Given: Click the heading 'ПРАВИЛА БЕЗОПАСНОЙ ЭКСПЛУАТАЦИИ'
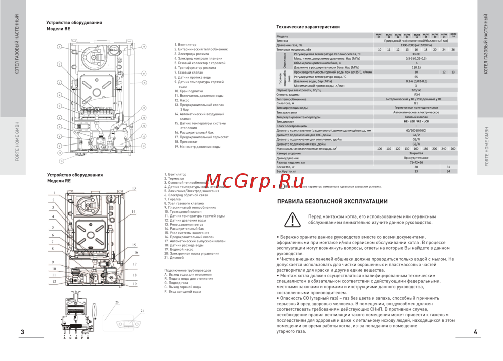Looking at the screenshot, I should coord(332,202).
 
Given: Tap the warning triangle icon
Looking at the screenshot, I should coord(291,219).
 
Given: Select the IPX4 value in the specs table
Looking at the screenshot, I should coord(416,94).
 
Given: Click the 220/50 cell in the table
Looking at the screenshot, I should coord(416,90).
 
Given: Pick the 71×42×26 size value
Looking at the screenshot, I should coord(416,163).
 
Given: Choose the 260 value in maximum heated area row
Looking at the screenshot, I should coord(453,149).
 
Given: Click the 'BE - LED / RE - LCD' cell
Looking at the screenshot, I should coord(416,121).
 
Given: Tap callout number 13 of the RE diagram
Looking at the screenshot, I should coord(134,188).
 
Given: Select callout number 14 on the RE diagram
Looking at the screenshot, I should coord(134,212).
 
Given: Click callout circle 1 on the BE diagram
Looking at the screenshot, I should coord(59,47).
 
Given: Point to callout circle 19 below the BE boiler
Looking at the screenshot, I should coord(61,161).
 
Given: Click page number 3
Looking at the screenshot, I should coord(22,332).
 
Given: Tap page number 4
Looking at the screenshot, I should coord(475,332).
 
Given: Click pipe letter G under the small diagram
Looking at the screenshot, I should coord(76,338).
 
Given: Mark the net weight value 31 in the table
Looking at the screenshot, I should coord(448,167).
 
